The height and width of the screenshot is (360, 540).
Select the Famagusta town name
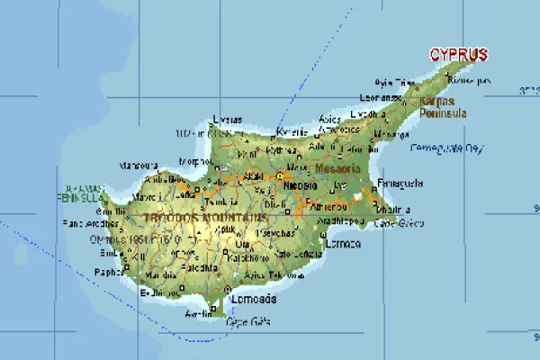(x=399, y=183)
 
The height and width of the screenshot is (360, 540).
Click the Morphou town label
(x=196, y=163)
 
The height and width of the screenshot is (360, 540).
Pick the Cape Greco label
(x=391, y=222)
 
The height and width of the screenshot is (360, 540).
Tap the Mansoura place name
(x=139, y=166)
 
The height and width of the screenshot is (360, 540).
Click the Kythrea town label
(x=282, y=149)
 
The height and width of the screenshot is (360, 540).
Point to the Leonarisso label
(x=379, y=97)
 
